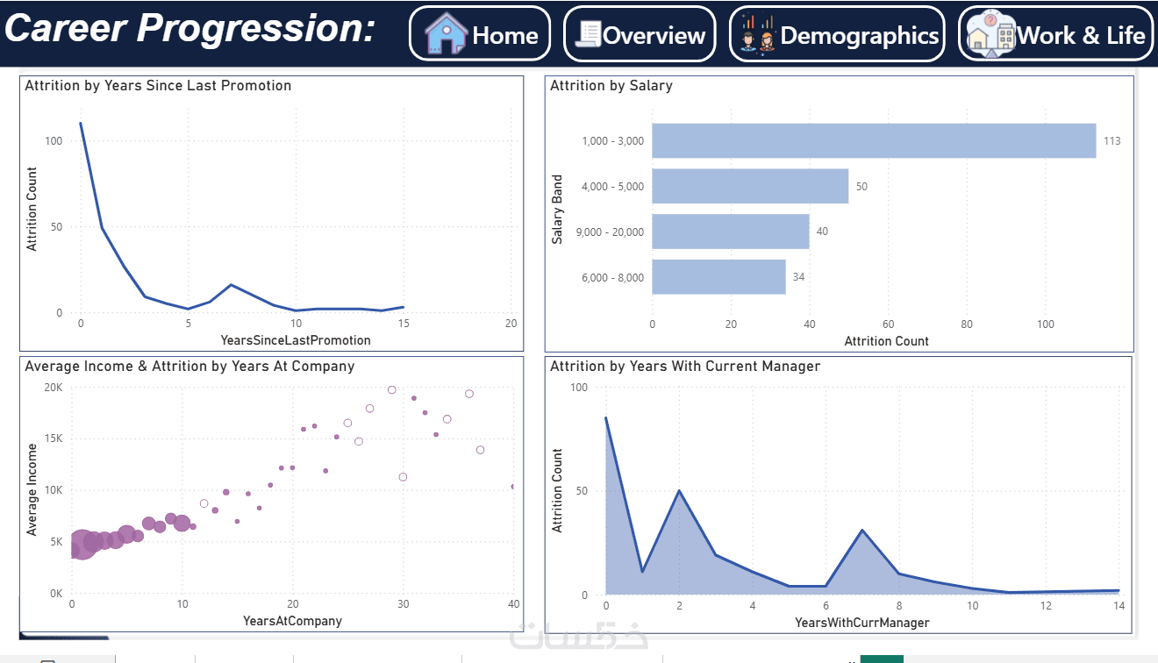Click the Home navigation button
point(480,33)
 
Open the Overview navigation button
point(640,33)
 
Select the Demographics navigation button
point(837,33)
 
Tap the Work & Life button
point(1055,33)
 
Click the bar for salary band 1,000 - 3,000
point(874,140)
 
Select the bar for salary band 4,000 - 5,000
point(750,186)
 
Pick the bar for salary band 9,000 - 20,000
point(731,232)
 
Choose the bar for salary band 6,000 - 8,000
point(718,277)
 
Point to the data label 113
point(1112,141)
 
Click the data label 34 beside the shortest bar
point(798,277)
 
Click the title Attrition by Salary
point(611,86)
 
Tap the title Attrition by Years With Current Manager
point(685,367)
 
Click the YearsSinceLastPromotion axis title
point(296,340)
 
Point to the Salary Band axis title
point(557,210)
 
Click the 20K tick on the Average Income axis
point(54,388)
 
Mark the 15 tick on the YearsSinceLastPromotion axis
point(404,324)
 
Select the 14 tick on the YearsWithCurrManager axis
point(1119,606)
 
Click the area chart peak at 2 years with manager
point(679,490)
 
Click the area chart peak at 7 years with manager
point(862,531)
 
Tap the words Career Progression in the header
point(190,28)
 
